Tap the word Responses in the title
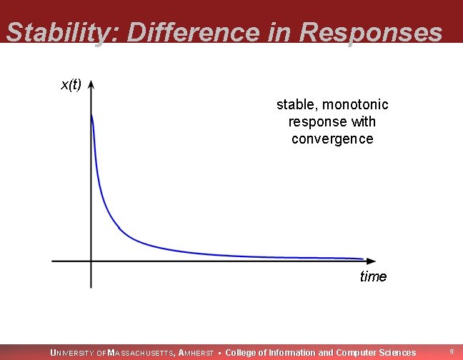pos(371,32)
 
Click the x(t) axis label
pos(71,85)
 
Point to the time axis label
pos(373,276)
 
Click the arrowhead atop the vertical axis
pos(91,84)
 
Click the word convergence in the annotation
pos(332,139)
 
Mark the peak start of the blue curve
pos(91,116)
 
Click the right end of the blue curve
pos(362,259)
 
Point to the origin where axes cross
pos(91,261)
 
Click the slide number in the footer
pos(452,352)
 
